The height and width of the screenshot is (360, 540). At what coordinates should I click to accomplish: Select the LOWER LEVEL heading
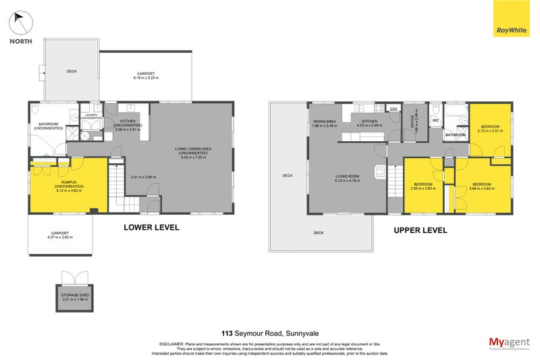pyautogui.click(x=151, y=228)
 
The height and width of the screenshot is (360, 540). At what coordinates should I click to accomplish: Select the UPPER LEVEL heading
pyautogui.click(x=420, y=230)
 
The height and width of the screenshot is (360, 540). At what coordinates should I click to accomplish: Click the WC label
pyautogui.click(x=435, y=121)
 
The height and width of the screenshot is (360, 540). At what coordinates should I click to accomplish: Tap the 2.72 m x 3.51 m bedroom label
pyautogui.click(x=490, y=129)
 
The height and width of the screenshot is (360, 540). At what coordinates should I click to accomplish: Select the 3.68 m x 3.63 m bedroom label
pyautogui.click(x=481, y=186)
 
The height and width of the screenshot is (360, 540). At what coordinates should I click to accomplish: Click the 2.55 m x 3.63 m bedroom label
pyautogui.click(x=423, y=186)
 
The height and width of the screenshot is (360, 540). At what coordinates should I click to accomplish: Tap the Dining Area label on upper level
pyautogui.click(x=324, y=123)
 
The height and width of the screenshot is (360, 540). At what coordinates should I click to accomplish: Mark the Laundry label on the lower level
pyautogui.click(x=89, y=117)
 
